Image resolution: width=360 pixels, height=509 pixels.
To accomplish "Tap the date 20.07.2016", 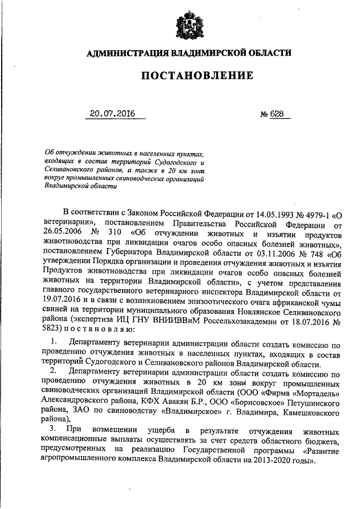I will point(113,114).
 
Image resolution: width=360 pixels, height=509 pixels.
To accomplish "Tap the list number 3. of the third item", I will point(52,430).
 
